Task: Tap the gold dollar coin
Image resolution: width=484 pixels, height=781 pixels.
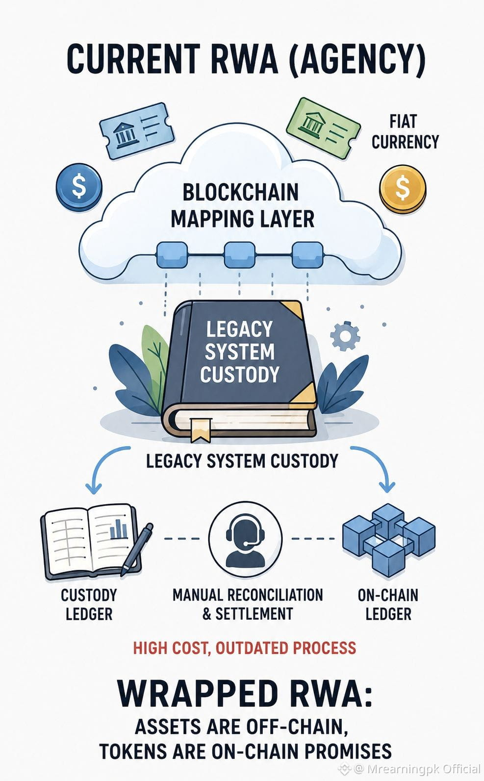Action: tap(403, 188)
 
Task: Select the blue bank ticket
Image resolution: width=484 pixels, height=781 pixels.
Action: tap(137, 131)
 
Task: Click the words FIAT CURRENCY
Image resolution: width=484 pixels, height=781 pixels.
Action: tap(405, 132)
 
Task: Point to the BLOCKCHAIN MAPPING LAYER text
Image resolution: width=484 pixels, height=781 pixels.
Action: tap(242, 206)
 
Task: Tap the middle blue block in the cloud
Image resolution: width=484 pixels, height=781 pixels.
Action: tap(240, 255)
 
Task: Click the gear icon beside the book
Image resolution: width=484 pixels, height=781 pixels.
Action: tap(345, 336)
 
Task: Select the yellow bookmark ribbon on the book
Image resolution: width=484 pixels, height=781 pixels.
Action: tap(201, 430)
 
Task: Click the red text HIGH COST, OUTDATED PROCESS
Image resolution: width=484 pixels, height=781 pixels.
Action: tap(244, 648)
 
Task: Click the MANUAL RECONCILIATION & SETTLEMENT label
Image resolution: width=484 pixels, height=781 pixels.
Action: tap(248, 604)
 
